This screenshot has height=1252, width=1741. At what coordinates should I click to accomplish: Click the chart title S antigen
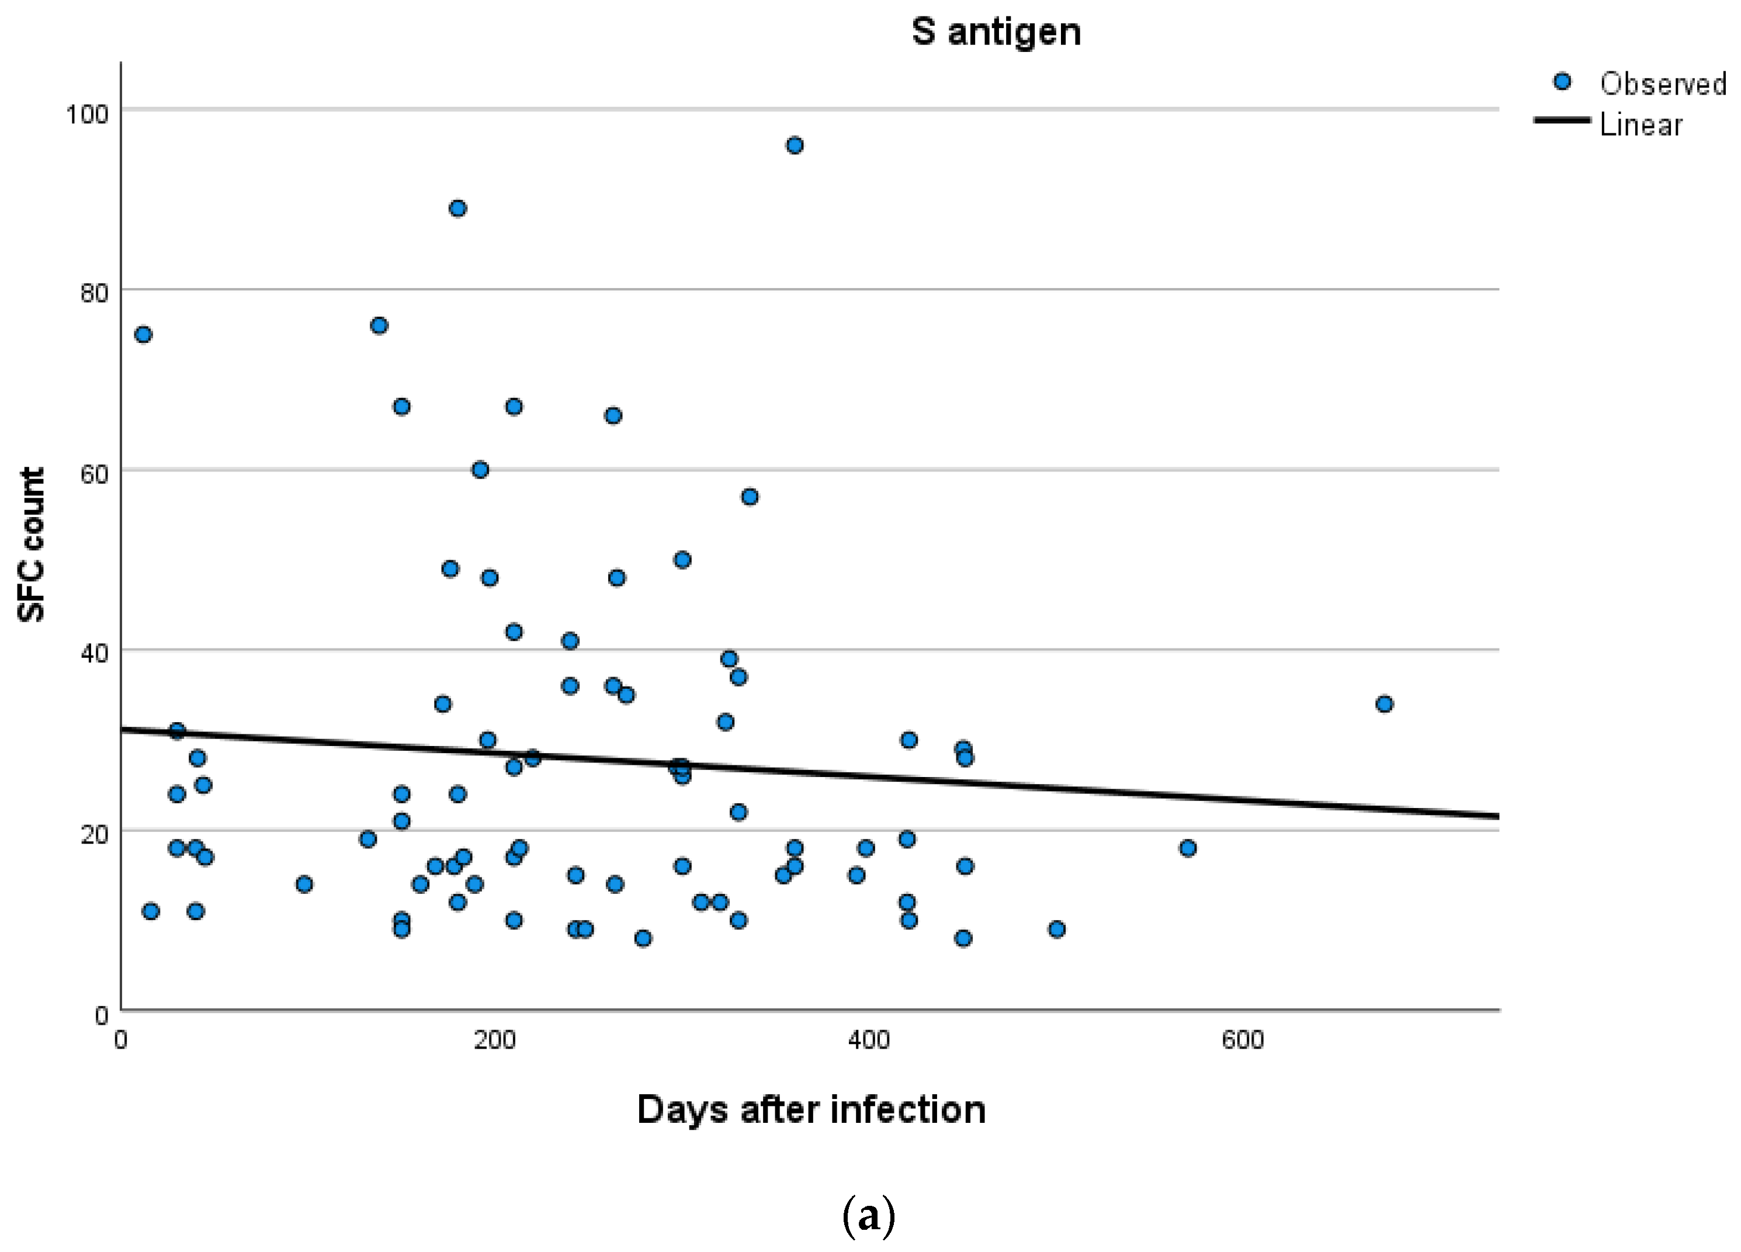pos(996,32)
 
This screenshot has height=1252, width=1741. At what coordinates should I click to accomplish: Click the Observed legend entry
pos(1662,84)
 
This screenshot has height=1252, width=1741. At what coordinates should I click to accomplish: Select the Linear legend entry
pos(1641,124)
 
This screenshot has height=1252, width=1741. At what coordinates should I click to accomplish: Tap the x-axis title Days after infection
pos(811,1109)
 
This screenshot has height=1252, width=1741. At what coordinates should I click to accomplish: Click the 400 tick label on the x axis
pos(868,1040)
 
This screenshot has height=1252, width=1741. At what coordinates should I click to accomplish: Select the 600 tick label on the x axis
pos(1242,1040)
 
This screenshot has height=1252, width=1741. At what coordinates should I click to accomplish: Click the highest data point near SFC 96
pos(795,145)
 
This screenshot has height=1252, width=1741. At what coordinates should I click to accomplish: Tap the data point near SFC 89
pos(457,208)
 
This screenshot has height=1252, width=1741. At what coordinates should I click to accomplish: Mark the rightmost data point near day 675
pos(1384,704)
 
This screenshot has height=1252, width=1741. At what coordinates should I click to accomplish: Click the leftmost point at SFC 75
pos(143,334)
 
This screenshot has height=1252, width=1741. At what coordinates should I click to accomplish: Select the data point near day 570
pos(1188,848)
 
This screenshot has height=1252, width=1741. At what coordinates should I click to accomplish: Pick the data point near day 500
pos(1056,929)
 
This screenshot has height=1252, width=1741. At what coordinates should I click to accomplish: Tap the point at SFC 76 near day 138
pos(379,325)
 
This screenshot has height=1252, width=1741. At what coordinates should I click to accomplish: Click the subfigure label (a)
pos(868,1216)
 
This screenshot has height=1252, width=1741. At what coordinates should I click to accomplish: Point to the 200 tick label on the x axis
pos(494,1040)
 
